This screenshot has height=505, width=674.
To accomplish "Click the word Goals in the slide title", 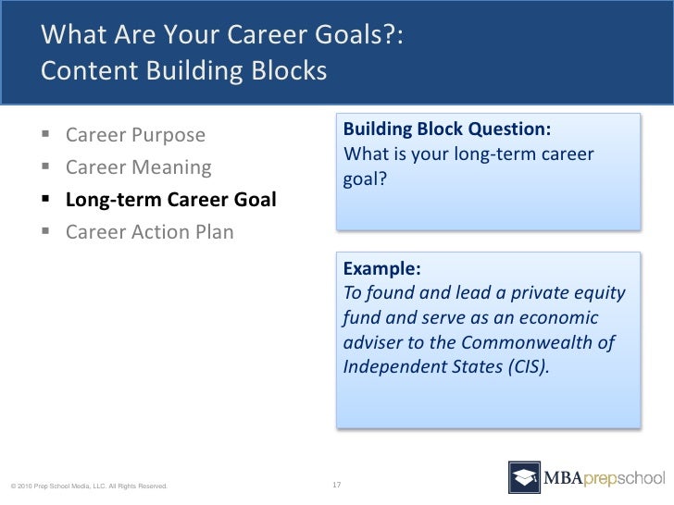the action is pos(348,34).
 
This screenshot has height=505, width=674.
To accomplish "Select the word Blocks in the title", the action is pos(289,71).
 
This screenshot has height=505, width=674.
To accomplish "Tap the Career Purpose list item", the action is pos(135,135).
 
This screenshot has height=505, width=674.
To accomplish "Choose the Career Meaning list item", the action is pos(139,167).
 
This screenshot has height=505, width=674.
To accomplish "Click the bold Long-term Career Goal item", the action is pos(171,200).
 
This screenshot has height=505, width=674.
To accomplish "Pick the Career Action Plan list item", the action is pos(150,232).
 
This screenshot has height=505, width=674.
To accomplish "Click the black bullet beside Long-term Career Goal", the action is pos(45,198).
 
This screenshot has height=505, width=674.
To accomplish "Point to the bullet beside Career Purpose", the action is pos(45,133).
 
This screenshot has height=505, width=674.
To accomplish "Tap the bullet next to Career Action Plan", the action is pos(45,231).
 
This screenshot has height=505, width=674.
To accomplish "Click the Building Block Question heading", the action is pos(447,129).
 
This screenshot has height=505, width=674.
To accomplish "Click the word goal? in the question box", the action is pos(365,179).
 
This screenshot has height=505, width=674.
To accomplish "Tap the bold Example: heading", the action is pos(382,269).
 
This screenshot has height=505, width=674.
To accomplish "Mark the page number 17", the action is pos(337,485).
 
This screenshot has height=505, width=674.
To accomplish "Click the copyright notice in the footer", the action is pos(89,487).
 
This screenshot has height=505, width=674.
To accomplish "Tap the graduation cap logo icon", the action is pos(524,477).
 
